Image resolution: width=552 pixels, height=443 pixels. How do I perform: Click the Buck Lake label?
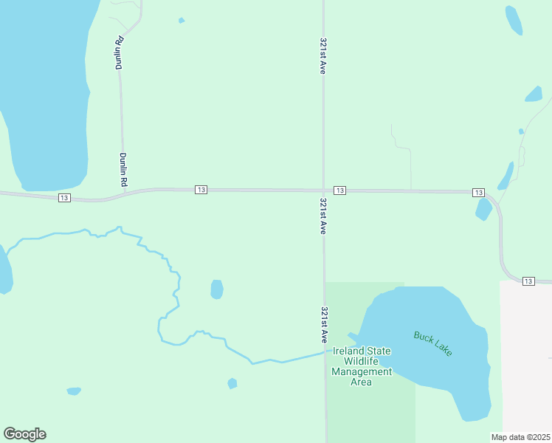[433, 343]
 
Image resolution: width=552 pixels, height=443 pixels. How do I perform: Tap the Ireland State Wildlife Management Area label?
[362, 366]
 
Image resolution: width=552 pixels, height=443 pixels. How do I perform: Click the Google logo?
[24, 434]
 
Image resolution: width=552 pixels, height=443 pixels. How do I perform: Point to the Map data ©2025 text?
[520, 437]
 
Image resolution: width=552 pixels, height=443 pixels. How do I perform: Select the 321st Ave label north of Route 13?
[323, 56]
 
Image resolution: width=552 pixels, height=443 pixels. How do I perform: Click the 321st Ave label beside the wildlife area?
[324, 325]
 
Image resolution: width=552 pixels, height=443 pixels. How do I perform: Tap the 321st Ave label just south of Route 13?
[323, 216]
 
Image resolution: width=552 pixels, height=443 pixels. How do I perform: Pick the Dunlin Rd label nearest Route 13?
[124, 169]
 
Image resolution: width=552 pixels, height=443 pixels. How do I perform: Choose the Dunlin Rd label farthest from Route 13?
[118, 53]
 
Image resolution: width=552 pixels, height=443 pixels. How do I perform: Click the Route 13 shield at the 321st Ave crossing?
[339, 190]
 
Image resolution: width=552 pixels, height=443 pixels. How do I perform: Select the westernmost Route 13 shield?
[64, 198]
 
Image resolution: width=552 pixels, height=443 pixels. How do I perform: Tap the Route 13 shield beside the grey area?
[528, 281]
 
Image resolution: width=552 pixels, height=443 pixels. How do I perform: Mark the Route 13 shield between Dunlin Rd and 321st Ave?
[201, 190]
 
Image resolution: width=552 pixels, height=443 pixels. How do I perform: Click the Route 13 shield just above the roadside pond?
[478, 193]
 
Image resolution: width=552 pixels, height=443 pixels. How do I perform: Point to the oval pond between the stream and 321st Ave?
[217, 289]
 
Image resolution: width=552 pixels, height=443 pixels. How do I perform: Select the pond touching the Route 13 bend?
[484, 209]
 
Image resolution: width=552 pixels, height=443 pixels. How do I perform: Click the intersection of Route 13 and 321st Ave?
[323, 190]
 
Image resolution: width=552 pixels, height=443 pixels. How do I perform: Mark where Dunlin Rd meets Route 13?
[123, 193]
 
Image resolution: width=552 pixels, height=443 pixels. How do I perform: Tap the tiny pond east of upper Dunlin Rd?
[182, 21]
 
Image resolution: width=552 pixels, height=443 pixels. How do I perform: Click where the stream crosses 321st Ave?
[325, 352]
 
